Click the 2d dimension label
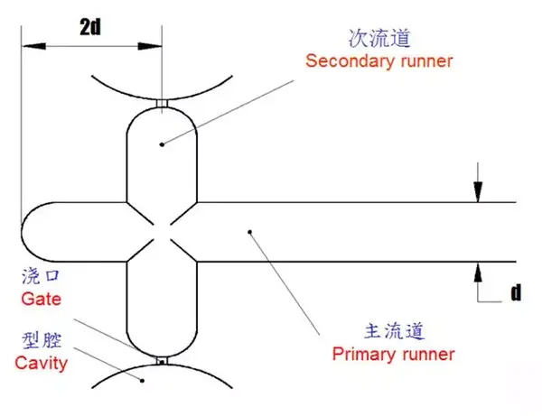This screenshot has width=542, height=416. click(90, 26)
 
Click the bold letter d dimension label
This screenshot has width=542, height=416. click(516, 291)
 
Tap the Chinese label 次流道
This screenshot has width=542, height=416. click(379, 39)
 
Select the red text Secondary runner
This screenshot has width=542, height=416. click(378, 61)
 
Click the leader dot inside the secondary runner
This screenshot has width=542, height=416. click(162, 143)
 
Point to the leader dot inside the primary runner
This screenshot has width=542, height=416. click(251, 233)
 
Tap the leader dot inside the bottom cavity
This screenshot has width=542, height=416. click(144, 381)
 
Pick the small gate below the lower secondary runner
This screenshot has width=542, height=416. click(162, 363)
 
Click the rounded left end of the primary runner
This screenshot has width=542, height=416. click(27, 231)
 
